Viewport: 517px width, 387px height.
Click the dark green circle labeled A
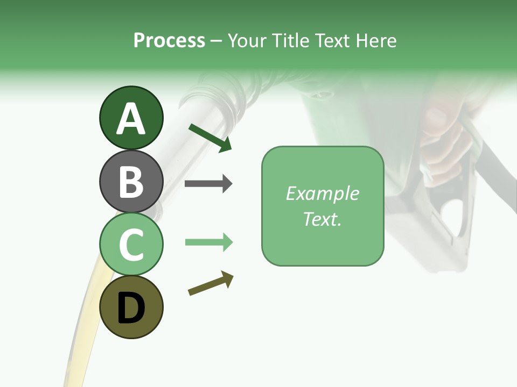(x=131, y=118)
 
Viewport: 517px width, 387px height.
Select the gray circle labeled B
(x=131, y=181)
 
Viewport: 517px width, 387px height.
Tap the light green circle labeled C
(x=131, y=244)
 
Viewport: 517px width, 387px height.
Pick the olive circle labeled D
(x=131, y=307)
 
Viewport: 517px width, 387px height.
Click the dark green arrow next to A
(x=210, y=138)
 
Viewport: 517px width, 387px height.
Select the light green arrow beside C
(x=208, y=242)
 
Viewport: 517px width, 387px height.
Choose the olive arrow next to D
(x=211, y=284)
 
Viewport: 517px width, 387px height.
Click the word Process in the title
(x=169, y=40)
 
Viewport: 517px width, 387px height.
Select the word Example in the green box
(x=322, y=193)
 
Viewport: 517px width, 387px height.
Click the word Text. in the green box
(x=322, y=219)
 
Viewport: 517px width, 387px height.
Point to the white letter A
(x=131, y=119)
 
